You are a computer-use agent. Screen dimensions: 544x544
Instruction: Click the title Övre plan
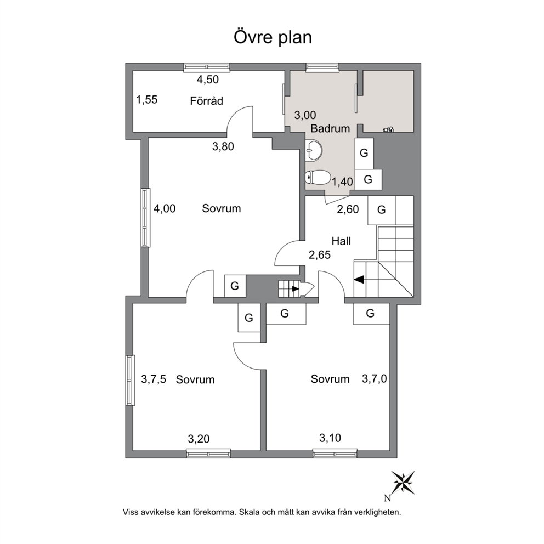[x=273, y=37]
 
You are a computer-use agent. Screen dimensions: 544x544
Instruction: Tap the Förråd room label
[x=206, y=101]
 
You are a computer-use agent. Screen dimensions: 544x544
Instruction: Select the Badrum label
[x=330, y=129]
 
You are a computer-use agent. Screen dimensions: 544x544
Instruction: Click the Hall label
[x=341, y=241]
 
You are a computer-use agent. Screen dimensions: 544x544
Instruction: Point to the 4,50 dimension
[x=208, y=80]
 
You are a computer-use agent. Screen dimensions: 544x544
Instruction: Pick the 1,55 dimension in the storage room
[x=147, y=100]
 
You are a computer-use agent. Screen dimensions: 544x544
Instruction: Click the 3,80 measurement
[x=223, y=147]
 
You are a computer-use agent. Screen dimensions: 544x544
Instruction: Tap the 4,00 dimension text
[x=165, y=209]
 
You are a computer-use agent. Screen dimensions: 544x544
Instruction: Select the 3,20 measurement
[x=199, y=439]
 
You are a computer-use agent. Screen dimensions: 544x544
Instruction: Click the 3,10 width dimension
[x=330, y=438]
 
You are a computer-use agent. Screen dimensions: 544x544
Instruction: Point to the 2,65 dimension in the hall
[x=320, y=256]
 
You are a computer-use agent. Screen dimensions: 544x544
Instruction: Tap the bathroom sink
[x=314, y=151]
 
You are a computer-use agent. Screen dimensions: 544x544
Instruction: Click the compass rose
[x=403, y=482]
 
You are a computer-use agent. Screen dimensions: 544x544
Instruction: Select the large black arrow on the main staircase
[x=359, y=279]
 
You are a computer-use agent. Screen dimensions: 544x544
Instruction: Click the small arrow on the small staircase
[x=295, y=288]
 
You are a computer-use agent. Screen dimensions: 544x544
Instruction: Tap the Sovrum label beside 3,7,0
[x=330, y=379]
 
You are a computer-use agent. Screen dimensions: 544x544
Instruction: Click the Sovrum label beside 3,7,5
[x=195, y=379]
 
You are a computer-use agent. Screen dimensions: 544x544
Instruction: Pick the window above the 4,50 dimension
[x=207, y=67]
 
